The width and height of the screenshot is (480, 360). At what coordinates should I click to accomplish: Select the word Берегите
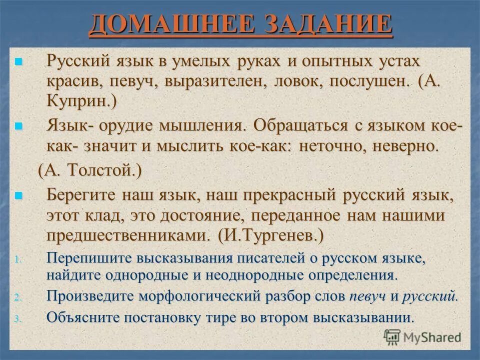point(85,195)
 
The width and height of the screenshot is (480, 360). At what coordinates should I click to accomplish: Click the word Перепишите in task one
point(82,258)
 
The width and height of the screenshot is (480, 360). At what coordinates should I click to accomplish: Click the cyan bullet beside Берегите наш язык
point(19,195)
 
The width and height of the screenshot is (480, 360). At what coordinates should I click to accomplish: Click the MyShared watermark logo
point(422,336)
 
